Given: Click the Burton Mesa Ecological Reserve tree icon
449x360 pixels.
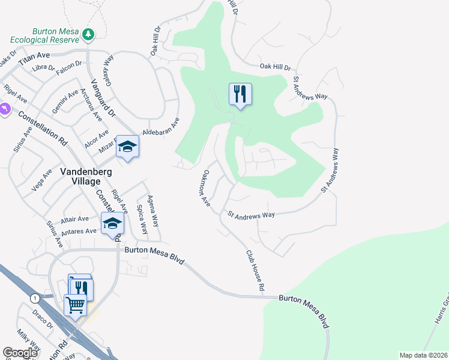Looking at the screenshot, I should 89,34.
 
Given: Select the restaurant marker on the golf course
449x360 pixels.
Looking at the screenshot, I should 240,95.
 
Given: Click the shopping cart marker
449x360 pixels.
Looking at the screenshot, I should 76,305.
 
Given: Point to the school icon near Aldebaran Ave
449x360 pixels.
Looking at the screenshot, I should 127,147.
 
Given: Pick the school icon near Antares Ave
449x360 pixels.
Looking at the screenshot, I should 112,224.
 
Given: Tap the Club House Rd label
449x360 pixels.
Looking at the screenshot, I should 255,271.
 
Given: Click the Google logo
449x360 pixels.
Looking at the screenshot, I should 20,353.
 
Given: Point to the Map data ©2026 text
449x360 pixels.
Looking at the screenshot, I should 423,355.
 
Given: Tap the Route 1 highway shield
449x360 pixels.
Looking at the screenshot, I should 35,298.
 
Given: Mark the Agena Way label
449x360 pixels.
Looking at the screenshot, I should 154,211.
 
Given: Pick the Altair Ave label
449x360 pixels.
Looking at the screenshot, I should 74,219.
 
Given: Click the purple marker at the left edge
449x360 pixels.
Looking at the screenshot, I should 4,110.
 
